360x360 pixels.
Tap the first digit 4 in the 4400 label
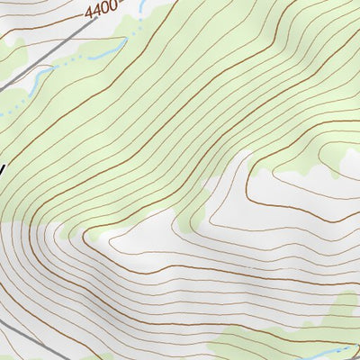pyautogui.click(x=90, y=15)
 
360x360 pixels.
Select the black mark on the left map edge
pyautogui.click(x=3, y=167)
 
